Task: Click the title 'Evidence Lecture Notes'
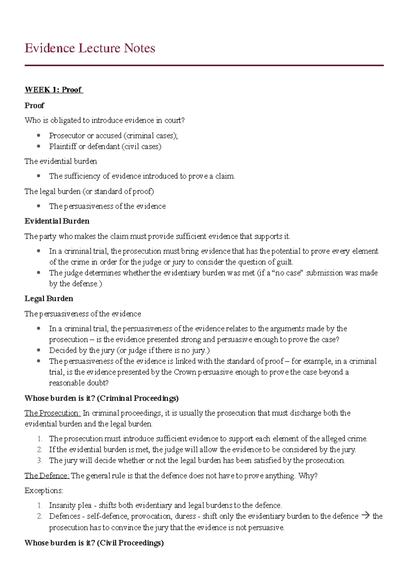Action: pos(90,48)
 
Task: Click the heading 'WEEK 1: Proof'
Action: pos(53,90)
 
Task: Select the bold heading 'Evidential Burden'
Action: pos(57,221)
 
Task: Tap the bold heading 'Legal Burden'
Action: pos(49,299)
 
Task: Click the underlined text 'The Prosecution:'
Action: pos(52,413)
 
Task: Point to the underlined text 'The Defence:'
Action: pos(47,476)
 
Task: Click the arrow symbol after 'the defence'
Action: pos(365,515)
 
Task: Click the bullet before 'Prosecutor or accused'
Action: pos(39,135)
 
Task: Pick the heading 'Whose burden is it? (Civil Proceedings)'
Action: pos(94,543)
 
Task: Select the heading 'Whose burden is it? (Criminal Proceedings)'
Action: pos(102,398)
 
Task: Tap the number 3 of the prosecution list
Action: pos(40,460)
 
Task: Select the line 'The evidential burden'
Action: pos(61,161)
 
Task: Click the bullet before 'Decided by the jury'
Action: pos(39,350)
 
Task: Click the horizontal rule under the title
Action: pos(204,65)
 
